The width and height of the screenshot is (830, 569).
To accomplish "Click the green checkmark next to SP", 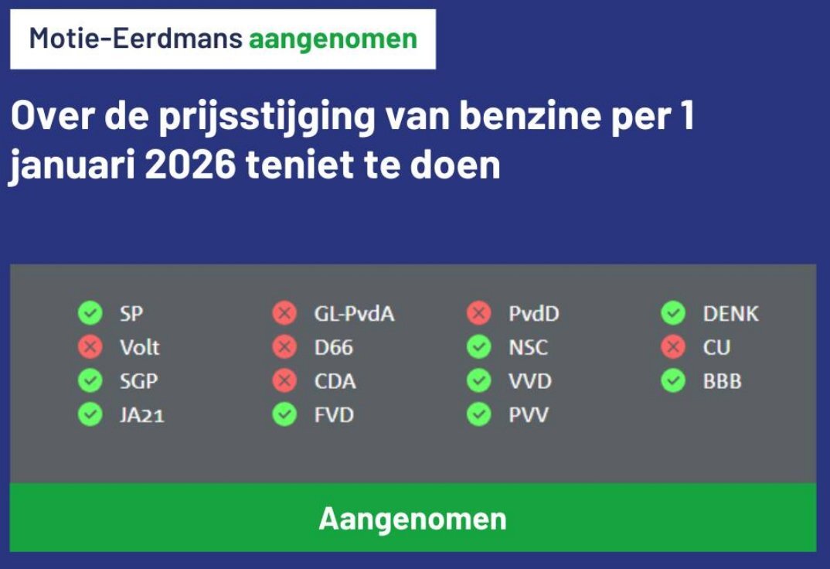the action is tap(90, 313).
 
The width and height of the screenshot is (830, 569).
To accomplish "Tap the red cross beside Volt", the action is tap(90, 346).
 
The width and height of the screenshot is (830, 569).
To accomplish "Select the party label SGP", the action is tap(138, 381).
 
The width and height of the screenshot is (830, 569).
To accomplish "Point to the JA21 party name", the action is tap(142, 415).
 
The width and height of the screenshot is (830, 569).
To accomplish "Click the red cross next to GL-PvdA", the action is tap(285, 313).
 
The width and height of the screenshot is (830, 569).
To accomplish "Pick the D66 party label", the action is tap(334, 347).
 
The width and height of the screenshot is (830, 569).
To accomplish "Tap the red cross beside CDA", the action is tap(285, 380).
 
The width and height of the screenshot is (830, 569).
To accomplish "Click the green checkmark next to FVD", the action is tap(285, 414).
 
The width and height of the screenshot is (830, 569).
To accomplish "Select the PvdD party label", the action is tap(533, 313).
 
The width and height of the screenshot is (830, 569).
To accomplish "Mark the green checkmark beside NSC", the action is tap(479, 346).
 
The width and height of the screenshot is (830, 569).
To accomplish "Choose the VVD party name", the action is tap(530, 381).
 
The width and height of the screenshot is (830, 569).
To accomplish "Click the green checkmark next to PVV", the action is tap(479, 414).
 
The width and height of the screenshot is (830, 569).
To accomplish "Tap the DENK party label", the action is tap(730, 313).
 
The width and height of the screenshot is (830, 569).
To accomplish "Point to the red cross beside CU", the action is tap(673, 346).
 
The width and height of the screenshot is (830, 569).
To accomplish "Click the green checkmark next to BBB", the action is tap(673, 380).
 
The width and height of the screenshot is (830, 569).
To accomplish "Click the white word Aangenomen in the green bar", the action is tap(413, 519).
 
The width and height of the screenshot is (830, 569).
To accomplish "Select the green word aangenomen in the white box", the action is tap(333, 40).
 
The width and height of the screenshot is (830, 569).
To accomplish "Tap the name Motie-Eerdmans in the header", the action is tap(135, 38).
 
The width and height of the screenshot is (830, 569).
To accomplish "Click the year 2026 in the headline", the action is tap(189, 165).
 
